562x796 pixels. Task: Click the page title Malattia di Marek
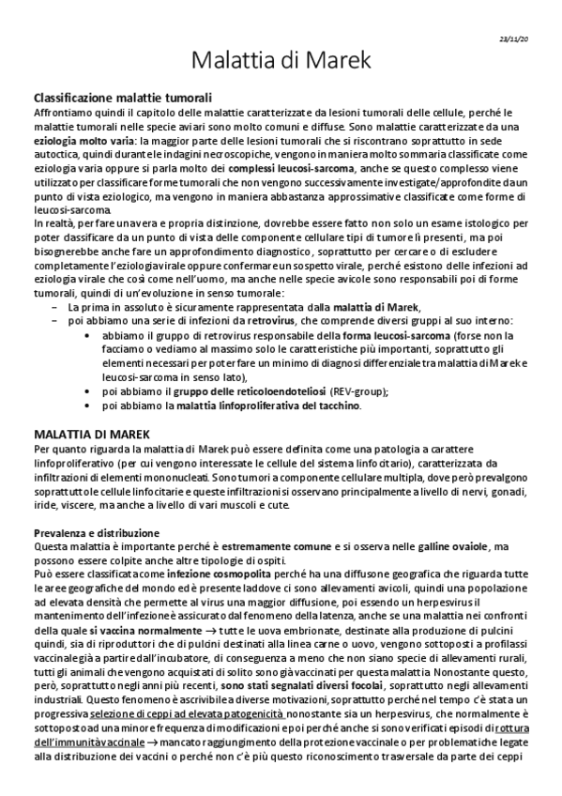281,61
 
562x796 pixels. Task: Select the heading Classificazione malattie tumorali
122,98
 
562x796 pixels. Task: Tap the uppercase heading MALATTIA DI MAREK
90,436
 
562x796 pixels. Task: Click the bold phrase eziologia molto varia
71,141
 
